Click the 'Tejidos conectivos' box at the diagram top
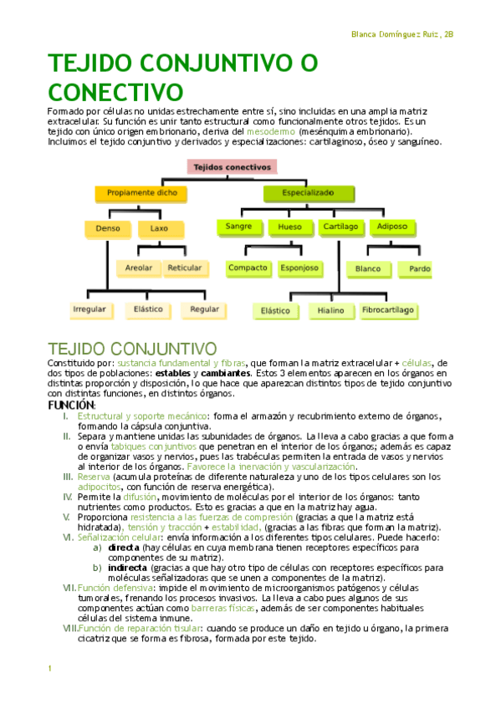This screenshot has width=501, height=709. (232, 167)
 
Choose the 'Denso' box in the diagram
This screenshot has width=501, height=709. (108, 227)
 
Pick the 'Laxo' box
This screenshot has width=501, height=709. (159, 227)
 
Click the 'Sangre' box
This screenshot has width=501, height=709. (238, 227)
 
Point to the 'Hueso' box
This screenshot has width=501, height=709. (289, 227)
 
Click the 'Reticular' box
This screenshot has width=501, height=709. (184, 268)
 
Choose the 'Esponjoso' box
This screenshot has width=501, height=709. (299, 268)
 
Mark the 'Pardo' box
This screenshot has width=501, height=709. (420, 269)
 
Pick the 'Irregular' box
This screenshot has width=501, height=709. (89, 309)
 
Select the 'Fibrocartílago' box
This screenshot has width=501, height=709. (387, 310)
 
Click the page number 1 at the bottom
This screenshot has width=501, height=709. (50, 669)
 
